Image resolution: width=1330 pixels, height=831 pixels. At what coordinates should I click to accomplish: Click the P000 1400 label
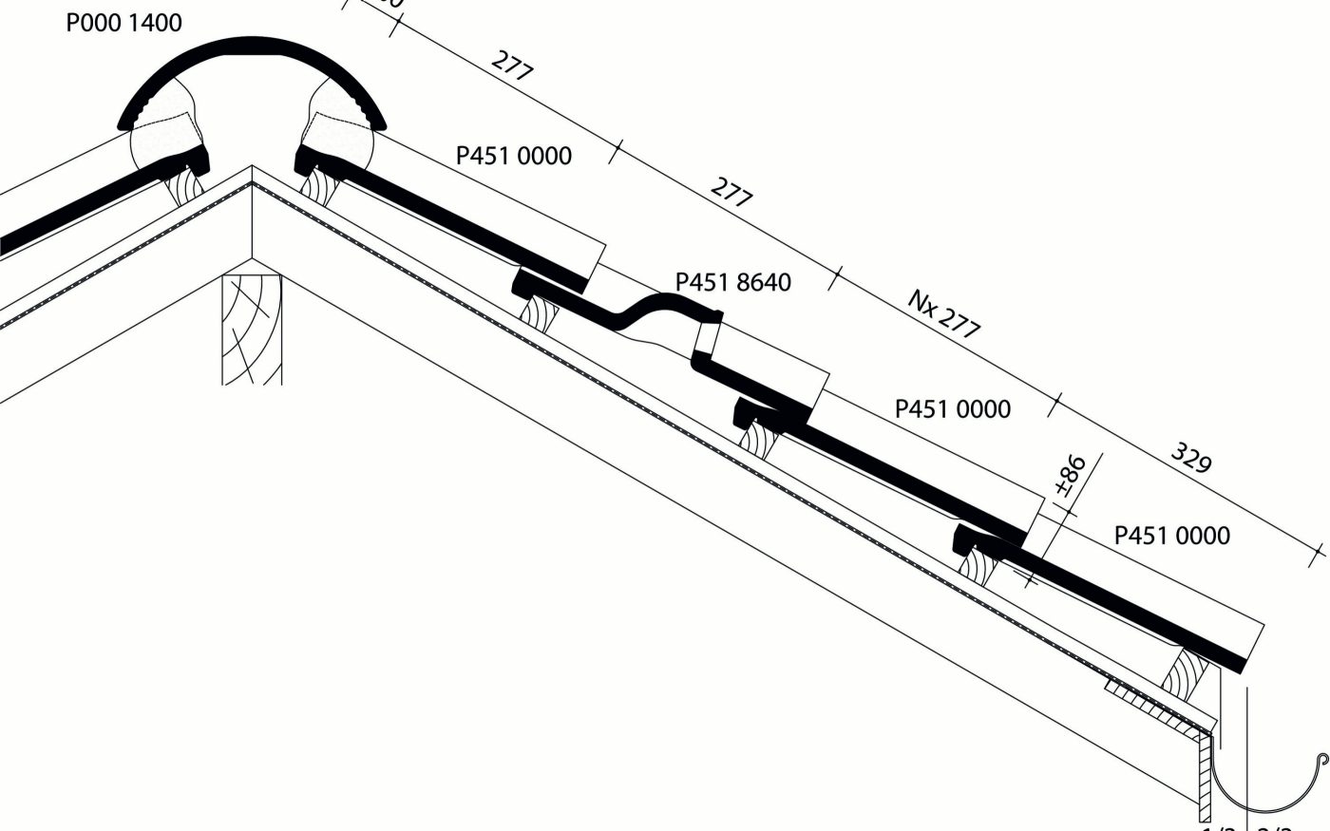123,23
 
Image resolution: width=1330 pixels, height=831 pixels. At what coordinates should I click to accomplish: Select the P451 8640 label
732,282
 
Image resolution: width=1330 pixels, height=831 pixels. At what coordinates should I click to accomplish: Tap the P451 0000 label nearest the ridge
514,155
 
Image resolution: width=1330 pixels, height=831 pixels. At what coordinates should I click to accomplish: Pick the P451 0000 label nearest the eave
1171,536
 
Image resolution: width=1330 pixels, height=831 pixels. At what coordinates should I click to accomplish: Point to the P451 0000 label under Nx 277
952,409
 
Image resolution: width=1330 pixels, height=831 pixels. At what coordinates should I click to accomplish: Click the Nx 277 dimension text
943,314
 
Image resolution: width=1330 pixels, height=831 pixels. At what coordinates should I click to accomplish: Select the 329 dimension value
1190,458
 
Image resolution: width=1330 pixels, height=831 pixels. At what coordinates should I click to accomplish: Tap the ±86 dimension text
1070,477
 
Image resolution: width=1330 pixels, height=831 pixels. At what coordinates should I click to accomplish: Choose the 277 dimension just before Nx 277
731,193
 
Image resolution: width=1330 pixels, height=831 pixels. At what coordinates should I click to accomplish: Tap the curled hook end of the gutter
1321,759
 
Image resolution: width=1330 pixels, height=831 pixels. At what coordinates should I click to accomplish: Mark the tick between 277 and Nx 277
835,279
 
